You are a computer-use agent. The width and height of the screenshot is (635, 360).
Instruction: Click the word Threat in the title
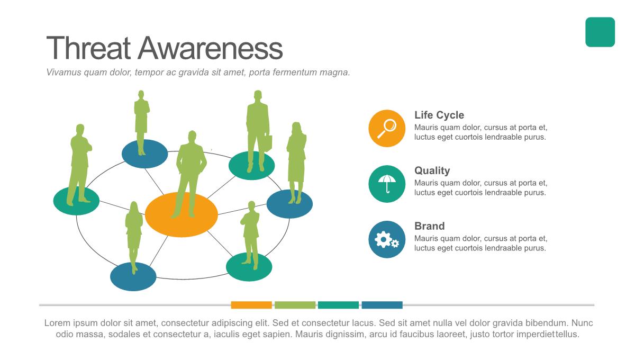pyautogui.click(x=89, y=48)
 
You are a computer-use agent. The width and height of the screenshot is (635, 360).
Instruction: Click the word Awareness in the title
pyautogui.click(x=210, y=48)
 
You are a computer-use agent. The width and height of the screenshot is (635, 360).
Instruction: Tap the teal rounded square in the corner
pyautogui.click(x=600, y=32)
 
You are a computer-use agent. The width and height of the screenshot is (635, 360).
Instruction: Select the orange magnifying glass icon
pyautogui.click(x=387, y=128)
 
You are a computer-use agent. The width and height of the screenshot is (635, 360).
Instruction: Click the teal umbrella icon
pyautogui.click(x=387, y=184)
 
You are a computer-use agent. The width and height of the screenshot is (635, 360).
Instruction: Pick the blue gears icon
pyautogui.click(x=387, y=239)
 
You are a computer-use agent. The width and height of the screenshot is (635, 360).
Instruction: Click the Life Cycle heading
pyautogui.click(x=439, y=115)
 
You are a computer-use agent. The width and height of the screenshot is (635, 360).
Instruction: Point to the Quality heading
pyautogui.click(x=432, y=170)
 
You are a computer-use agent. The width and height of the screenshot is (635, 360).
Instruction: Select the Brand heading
pyautogui.click(x=429, y=226)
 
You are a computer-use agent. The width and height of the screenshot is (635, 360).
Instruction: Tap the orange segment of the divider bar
pyautogui.click(x=251, y=305)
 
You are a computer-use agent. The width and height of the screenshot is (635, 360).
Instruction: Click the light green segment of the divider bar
pyautogui.click(x=295, y=305)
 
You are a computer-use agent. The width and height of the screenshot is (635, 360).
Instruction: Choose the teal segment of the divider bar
pyautogui.click(x=338, y=305)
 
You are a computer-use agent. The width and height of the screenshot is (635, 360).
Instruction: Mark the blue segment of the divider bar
pyautogui.click(x=382, y=305)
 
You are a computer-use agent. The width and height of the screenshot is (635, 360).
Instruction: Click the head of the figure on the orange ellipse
pyautogui.click(x=191, y=137)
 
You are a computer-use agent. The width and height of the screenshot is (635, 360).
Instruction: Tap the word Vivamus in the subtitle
pyautogui.click(x=63, y=73)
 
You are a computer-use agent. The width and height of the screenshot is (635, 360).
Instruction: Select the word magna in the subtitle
pyautogui.click(x=335, y=73)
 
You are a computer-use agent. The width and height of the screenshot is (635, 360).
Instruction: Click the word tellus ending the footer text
pyautogui.click(x=567, y=335)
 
